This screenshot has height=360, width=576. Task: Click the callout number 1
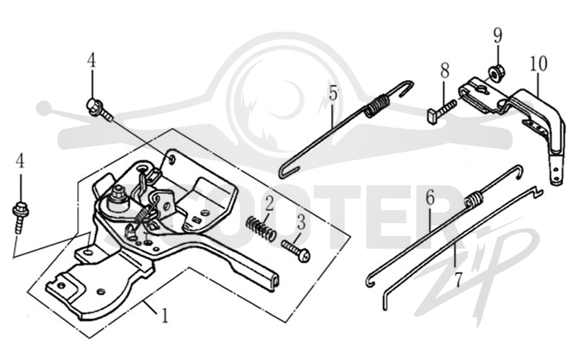click(165, 315)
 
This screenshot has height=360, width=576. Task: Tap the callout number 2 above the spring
click(269, 204)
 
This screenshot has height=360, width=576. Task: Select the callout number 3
click(301, 222)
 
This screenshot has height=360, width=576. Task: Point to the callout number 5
click(333, 93)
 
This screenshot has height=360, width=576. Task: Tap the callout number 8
click(444, 70)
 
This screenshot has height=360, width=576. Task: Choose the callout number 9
click(498, 35)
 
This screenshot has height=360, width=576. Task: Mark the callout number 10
click(538, 63)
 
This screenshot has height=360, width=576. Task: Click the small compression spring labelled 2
click(261, 228)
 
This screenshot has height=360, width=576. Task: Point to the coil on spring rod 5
click(376, 106)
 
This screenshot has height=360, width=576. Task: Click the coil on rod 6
click(474, 200)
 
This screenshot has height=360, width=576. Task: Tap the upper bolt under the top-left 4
click(99, 109)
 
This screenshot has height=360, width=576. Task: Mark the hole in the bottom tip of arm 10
click(556, 170)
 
